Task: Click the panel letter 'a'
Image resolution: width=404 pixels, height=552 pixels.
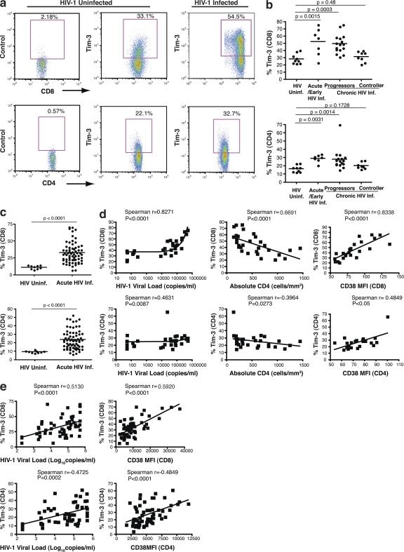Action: [6, 6]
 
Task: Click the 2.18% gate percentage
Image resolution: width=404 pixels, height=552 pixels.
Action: [49, 15]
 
